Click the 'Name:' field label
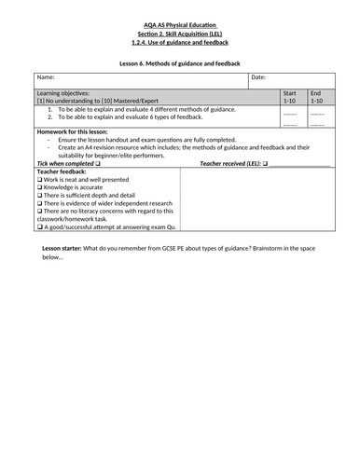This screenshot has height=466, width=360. pyautogui.click(x=47, y=77)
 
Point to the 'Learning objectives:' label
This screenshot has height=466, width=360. pyautogui.click(x=66, y=93)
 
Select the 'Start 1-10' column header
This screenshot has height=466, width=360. pyautogui.click(x=291, y=98)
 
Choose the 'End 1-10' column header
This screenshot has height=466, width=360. pyautogui.click(x=317, y=98)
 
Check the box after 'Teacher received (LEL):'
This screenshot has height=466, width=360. pyautogui.click(x=265, y=163)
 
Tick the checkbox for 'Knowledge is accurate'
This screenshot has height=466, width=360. pyautogui.click(x=39, y=187)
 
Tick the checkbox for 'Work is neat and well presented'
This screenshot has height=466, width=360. pyautogui.click(x=39, y=179)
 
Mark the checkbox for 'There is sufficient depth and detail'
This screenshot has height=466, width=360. pyautogui.click(x=39, y=195)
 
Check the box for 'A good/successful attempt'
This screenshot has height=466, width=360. pyautogui.click(x=39, y=226)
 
